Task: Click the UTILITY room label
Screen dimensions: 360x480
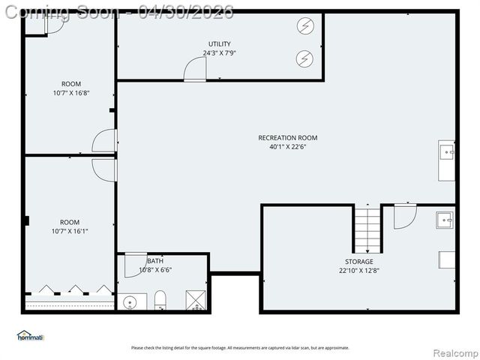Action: point(220,44)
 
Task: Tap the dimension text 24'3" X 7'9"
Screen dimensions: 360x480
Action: point(220,53)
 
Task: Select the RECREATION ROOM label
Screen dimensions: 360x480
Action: point(287,137)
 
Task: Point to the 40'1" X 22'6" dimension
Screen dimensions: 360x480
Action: point(287,147)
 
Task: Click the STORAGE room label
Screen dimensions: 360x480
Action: point(358,262)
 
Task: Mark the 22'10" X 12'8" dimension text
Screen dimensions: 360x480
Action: point(358,271)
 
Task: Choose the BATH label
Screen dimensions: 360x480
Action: point(155,261)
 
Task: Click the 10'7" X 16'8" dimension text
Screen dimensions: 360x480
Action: point(71,93)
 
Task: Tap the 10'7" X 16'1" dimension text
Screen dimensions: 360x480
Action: point(70,231)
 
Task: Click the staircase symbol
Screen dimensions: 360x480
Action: point(367,230)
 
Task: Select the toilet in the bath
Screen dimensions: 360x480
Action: point(160,302)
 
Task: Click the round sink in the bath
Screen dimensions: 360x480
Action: point(130,303)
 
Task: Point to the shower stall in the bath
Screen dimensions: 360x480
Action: point(195,301)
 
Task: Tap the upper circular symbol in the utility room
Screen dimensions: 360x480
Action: point(304,28)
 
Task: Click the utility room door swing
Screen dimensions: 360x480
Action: point(195,69)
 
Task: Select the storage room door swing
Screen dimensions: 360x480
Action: point(404,216)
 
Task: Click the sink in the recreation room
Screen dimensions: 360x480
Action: point(447,152)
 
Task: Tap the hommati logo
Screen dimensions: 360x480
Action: point(31,335)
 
